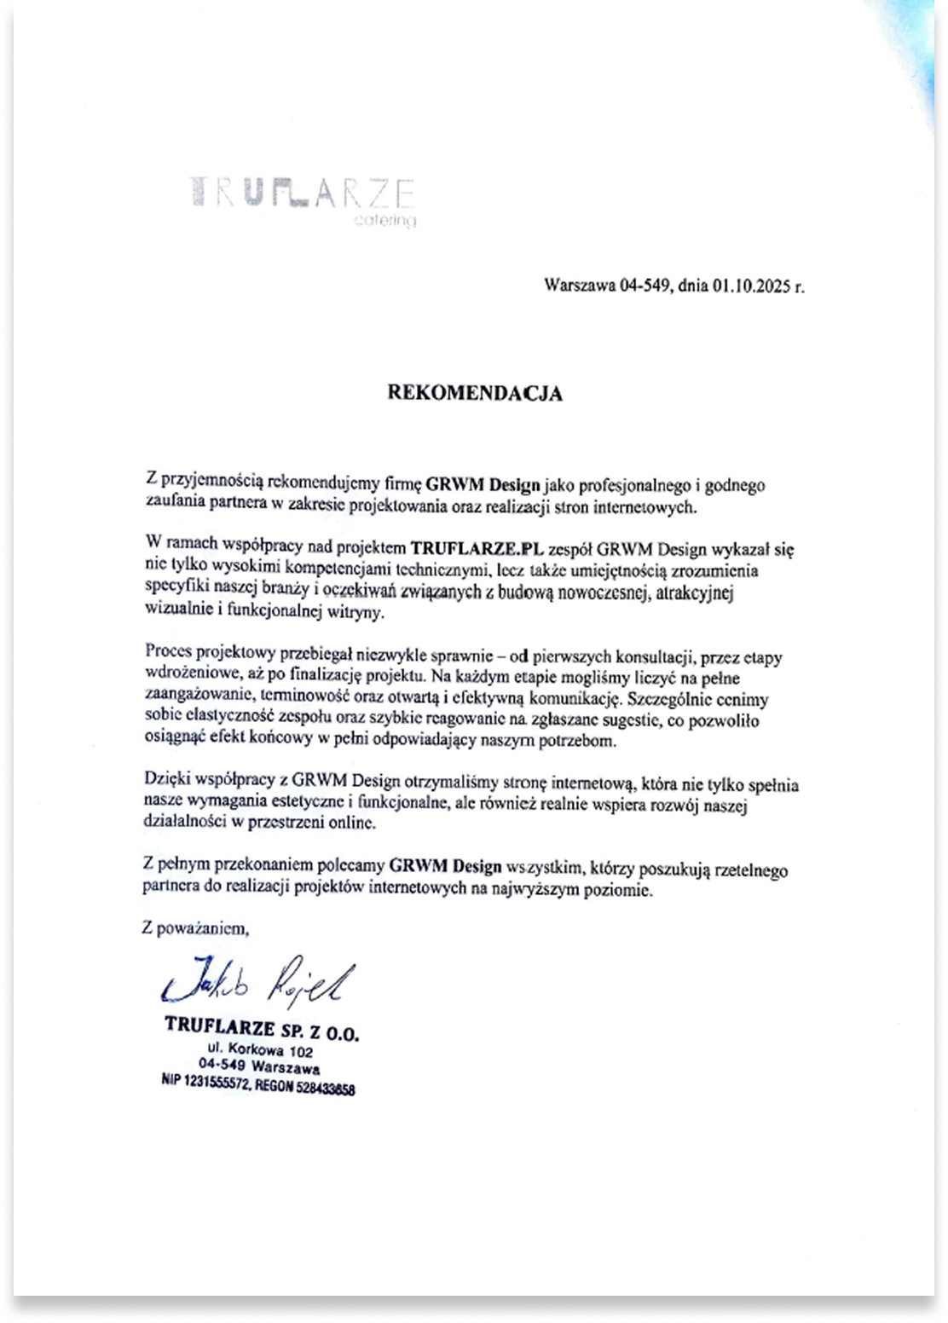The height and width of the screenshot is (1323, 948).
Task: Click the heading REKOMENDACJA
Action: click(x=475, y=394)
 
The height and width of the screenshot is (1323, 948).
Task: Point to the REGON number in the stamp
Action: click(x=320, y=1088)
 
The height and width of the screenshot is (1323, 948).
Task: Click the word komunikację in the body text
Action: click(x=571, y=700)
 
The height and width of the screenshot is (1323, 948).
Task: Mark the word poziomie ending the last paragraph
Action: click(x=625, y=891)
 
